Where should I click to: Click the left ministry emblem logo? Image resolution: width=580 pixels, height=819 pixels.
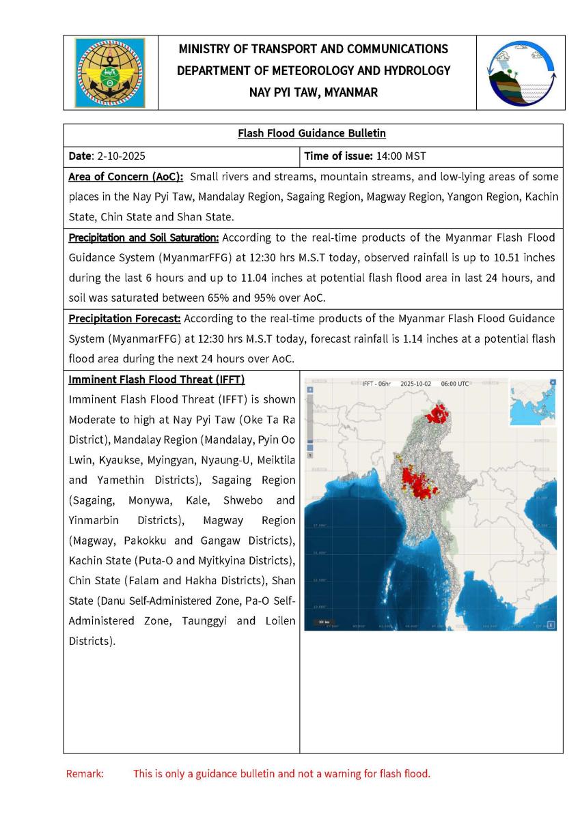pyautogui.click(x=110, y=72)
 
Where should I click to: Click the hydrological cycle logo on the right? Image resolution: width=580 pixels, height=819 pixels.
pyautogui.click(x=521, y=72)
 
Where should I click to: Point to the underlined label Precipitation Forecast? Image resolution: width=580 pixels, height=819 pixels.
pyautogui.click(x=124, y=319)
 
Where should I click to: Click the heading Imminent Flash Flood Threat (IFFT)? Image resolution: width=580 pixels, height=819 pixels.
pyautogui.click(x=156, y=379)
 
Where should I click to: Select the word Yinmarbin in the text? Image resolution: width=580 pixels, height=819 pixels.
pyautogui.click(x=94, y=520)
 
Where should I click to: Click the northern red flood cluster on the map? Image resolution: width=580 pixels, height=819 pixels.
pyautogui.click(x=435, y=413)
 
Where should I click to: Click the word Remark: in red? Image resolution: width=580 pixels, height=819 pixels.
pyautogui.click(x=84, y=774)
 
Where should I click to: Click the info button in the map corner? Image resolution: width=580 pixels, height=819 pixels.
pyautogui.click(x=551, y=624)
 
